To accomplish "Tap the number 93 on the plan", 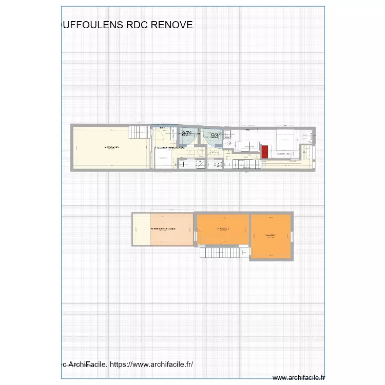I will pos(215,136).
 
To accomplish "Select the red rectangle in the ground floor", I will pos(265,151).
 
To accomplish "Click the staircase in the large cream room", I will pos(138,133).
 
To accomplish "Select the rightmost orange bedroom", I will pos(271,236).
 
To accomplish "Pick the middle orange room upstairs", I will pos(223,229).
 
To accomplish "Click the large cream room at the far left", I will pos(111,149).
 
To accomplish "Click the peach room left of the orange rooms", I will pos(171,229).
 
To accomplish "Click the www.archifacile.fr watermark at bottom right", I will pos(298,377).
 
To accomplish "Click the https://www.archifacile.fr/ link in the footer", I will pos(151,364).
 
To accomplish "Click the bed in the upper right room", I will pos(285,139).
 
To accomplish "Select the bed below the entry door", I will pos(164,159).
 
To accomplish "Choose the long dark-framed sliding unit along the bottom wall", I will pos(245,164).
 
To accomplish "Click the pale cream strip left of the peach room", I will pos(141,229).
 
